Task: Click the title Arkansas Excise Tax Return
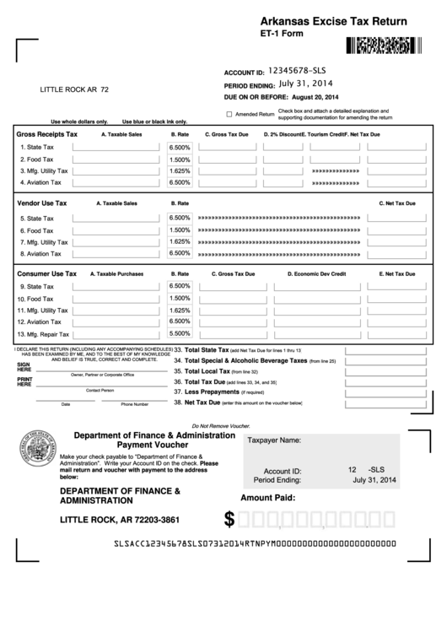tap(333, 20)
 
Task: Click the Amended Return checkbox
tap(229, 113)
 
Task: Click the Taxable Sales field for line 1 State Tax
tap(115, 147)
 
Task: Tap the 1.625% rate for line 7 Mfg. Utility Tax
tap(180, 241)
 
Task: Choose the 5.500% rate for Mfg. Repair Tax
tap(180, 333)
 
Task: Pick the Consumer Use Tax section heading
tap(47, 273)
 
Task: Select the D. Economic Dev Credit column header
tap(316, 273)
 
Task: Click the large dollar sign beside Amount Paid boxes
tap(229, 518)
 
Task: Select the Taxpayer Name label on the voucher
tap(273, 440)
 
